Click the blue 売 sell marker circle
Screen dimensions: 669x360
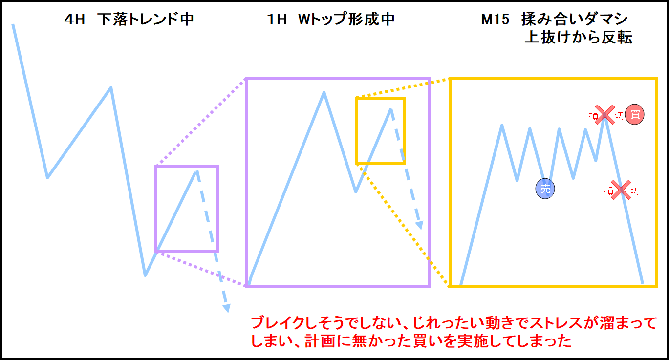click(x=545, y=189)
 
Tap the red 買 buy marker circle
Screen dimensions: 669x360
click(x=635, y=114)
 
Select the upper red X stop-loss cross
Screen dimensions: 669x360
click(x=605, y=114)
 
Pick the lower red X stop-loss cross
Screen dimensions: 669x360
click(x=621, y=190)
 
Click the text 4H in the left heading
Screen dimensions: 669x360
click(x=75, y=20)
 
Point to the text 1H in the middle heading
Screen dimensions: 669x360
click(x=277, y=20)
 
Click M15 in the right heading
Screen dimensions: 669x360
click(x=495, y=20)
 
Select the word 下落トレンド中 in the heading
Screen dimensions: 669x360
click(x=146, y=20)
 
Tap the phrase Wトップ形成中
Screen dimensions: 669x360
click(x=346, y=20)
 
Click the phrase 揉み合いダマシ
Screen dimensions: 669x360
click(x=575, y=20)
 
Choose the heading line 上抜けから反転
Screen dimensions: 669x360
click(x=579, y=37)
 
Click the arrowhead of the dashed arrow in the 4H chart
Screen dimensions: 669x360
click(x=227, y=308)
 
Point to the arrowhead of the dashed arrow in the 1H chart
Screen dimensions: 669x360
click(x=420, y=225)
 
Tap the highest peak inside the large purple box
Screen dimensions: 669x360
click(x=324, y=92)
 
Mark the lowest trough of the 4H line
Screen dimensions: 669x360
click(x=145, y=275)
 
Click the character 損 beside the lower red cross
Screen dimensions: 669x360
click(x=609, y=191)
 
